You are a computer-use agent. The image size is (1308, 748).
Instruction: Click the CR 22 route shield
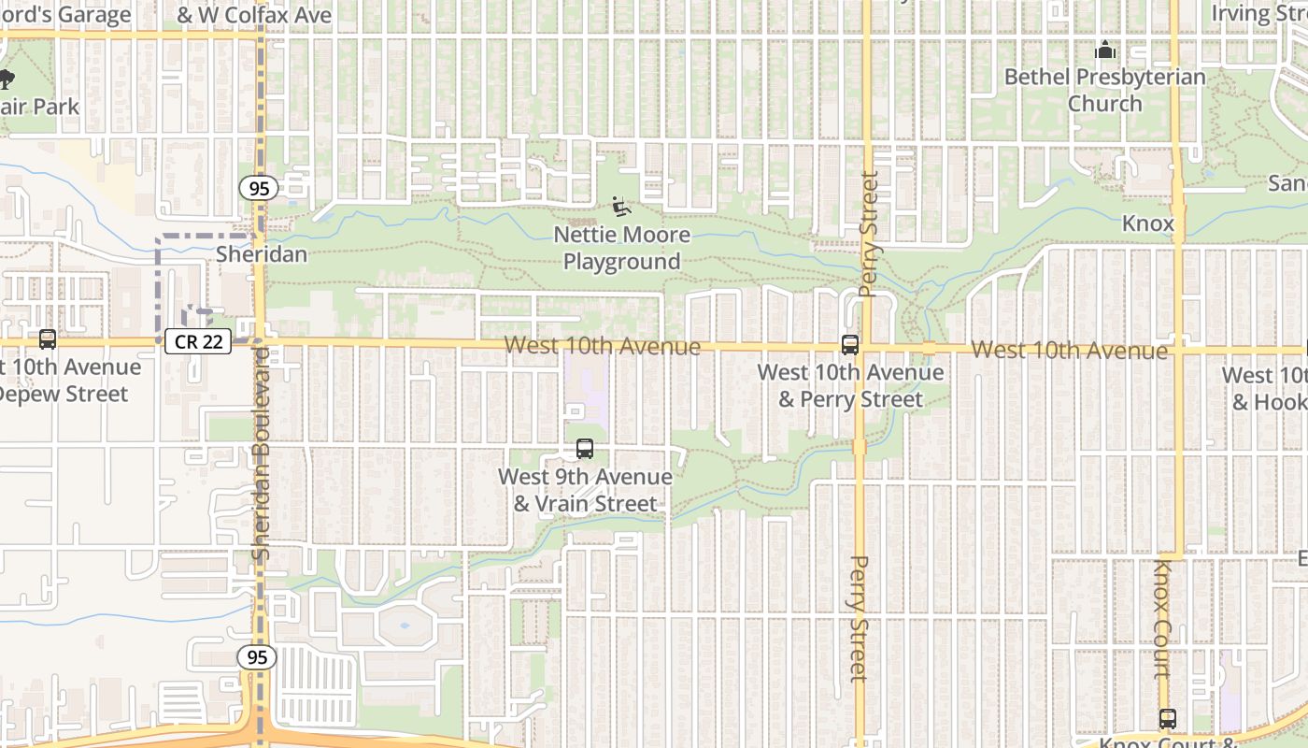click(198, 341)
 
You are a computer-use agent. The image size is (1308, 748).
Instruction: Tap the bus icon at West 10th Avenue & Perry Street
click(850, 345)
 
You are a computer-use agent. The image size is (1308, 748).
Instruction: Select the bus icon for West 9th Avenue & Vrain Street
click(585, 449)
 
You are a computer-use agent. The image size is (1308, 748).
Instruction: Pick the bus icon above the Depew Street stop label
click(48, 339)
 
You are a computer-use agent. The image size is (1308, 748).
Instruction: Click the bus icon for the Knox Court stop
click(1168, 719)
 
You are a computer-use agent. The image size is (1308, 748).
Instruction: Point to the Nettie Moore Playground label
click(621, 248)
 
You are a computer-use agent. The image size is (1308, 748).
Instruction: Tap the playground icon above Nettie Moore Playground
click(621, 206)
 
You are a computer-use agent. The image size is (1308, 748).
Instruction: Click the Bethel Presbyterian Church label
click(1105, 90)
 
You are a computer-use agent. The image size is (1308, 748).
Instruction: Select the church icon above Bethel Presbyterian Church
click(1106, 50)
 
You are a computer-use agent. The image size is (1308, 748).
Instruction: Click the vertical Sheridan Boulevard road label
click(262, 453)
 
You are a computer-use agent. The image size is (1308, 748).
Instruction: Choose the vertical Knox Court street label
click(1163, 617)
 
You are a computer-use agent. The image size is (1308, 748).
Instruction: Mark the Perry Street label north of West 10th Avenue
click(868, 234)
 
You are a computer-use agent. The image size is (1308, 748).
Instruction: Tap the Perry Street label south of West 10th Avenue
click(860, 617)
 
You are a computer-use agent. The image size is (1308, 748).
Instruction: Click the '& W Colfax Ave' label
click(254, 15)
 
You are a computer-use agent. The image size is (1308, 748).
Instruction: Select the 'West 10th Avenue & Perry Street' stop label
click(850, 385)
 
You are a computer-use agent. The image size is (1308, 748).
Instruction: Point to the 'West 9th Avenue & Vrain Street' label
click(585, 490)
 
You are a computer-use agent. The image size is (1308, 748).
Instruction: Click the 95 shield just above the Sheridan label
click(259, 189)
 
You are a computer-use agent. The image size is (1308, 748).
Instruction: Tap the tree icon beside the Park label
click(6, 79)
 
